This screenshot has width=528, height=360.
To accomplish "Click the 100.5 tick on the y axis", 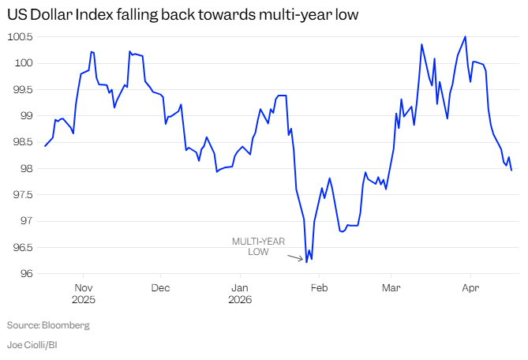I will (20, 36).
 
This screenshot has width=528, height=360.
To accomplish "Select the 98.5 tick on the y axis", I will (20, 142).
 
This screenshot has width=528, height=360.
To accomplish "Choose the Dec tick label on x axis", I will (160, 287).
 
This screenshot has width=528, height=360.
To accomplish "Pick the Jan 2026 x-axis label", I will (239, 293).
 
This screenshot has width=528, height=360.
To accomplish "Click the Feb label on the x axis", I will (318, 287).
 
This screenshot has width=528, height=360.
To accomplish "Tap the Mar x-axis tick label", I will (391, 287).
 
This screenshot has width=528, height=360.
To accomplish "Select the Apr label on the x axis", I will (470, 287).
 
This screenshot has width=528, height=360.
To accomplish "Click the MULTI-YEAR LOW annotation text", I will (258, 246).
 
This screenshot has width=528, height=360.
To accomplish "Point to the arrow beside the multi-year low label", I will (294, 257).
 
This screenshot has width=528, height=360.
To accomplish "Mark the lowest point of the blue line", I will (306, 261).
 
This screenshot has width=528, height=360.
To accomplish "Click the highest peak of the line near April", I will (466, 36).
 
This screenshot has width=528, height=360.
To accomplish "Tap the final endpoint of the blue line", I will (511, 171).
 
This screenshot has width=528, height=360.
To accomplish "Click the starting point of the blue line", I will (45, 146).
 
